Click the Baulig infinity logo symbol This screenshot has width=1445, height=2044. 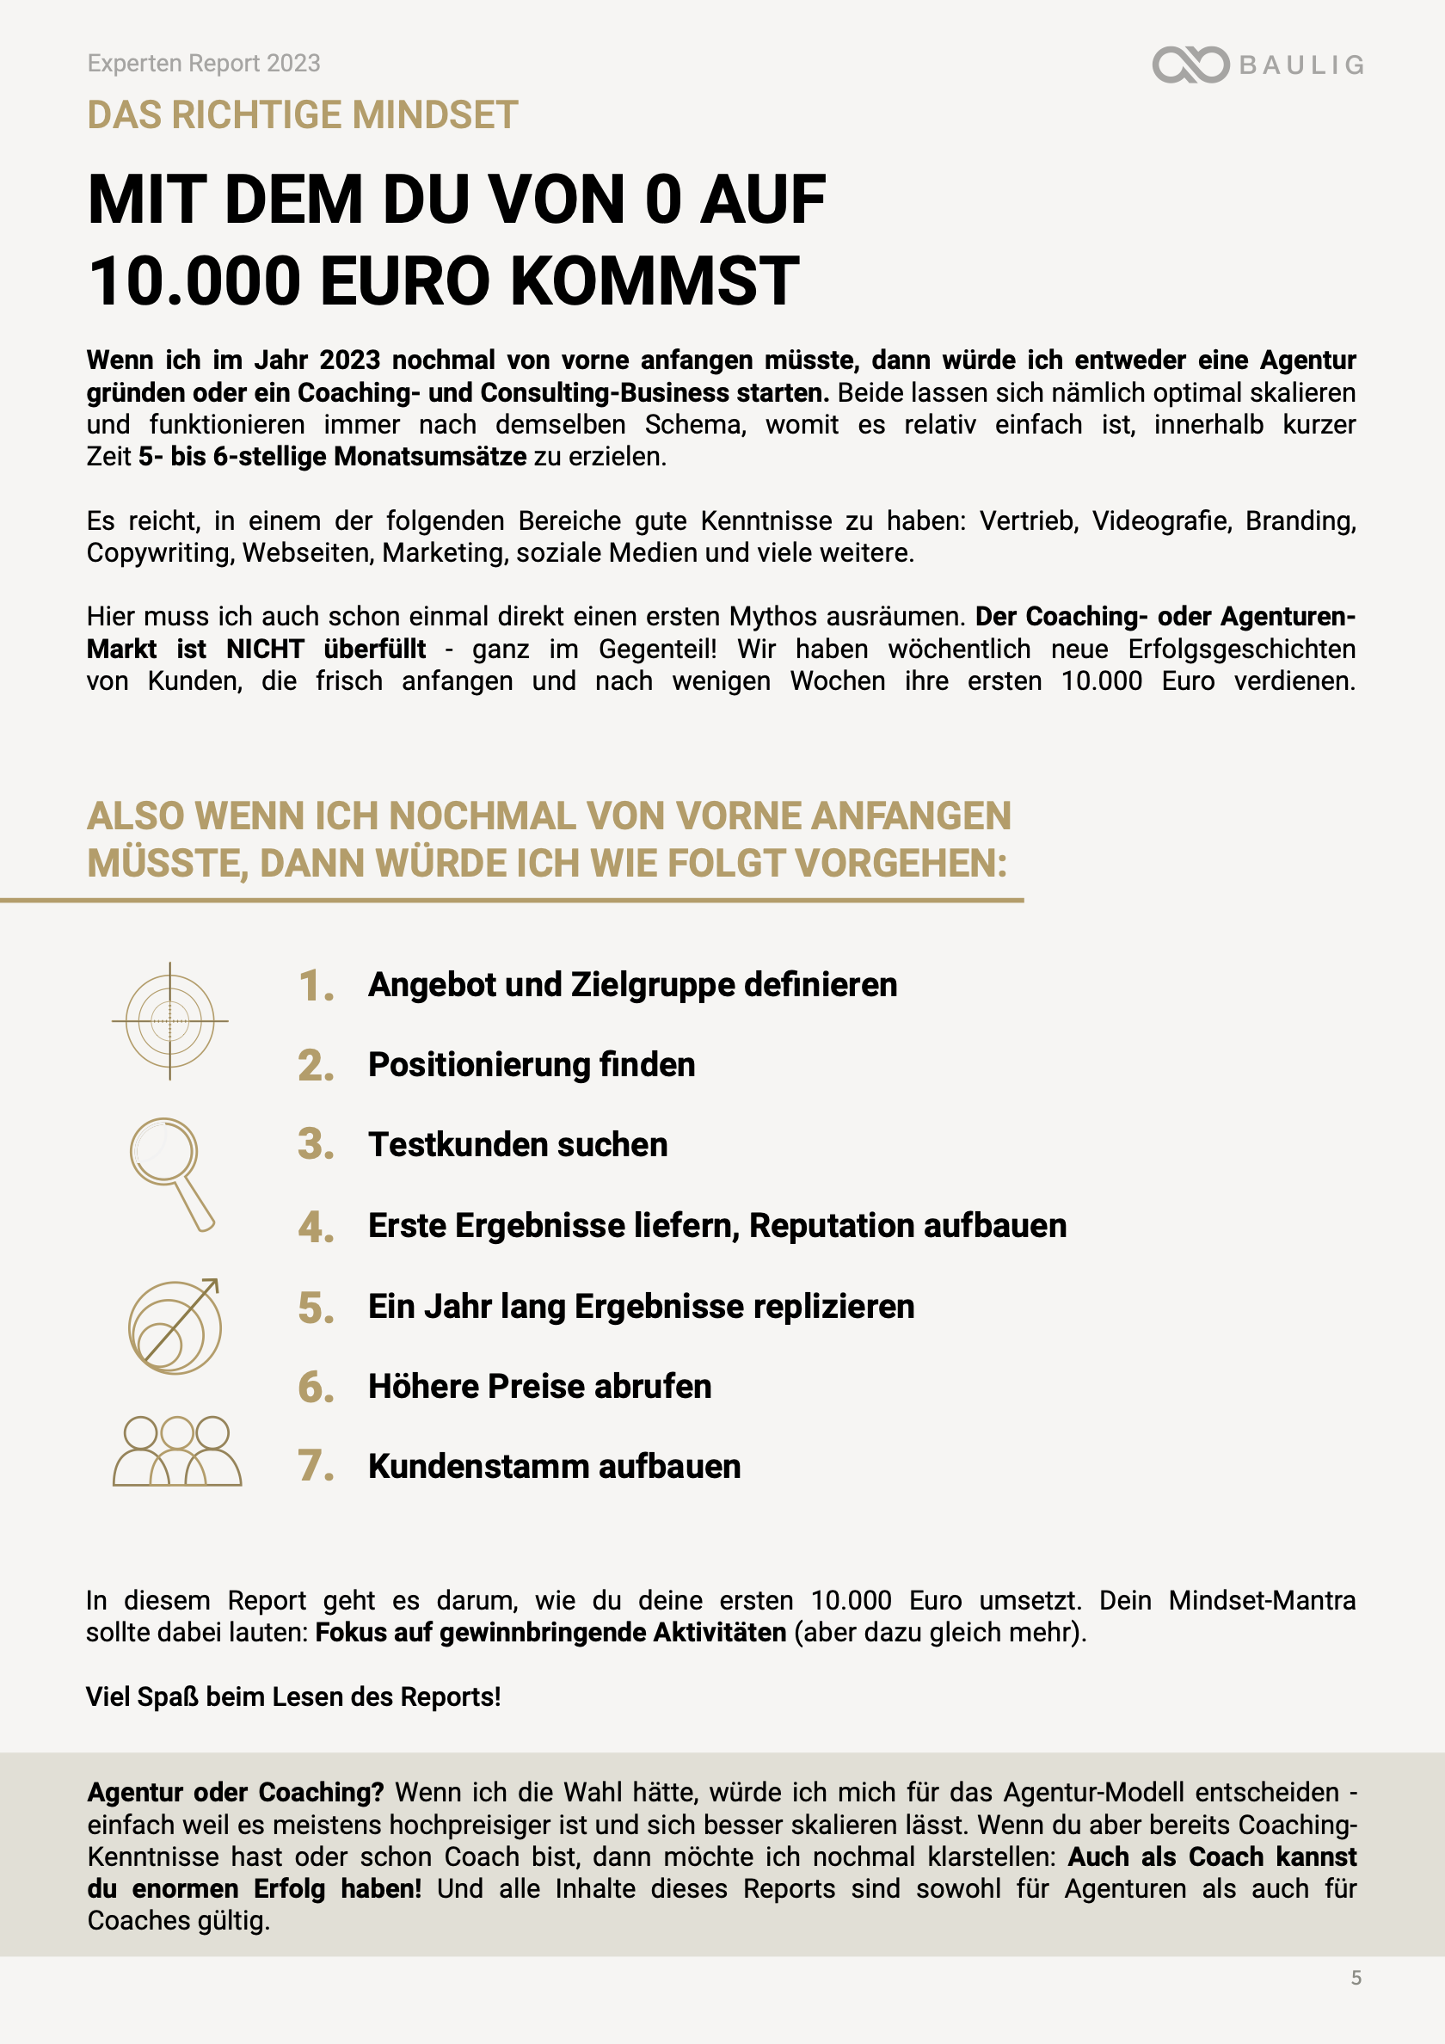point(1190,65)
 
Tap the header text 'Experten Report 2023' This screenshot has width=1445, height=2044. point(204,63)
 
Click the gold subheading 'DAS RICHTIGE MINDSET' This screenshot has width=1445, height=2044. point(303,114)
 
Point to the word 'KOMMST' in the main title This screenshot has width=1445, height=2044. point(655,281)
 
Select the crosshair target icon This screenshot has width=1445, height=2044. point(170,1020)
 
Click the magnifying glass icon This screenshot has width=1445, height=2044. point(172,1173)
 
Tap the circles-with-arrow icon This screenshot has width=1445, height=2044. point(175,1326)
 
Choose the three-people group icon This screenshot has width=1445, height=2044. point(176,1450)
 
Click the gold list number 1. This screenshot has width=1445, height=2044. point(315,987)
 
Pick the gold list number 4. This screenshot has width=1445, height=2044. point(315,1227)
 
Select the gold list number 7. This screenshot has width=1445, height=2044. point(315,1466)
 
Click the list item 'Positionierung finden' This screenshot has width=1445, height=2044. point(532,1065)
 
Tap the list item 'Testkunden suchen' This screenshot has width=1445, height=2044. point(518,1145)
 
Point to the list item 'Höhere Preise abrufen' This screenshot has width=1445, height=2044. point(539,1386)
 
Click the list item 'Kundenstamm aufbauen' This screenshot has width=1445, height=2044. point(554,1466)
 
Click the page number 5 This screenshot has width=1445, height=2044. point(1356,1977)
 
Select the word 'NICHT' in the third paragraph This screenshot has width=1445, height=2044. point(264,649)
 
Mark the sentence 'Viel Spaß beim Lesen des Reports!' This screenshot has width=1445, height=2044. point(293,1696)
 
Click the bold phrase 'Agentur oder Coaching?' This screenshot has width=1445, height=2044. point(235,1792)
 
